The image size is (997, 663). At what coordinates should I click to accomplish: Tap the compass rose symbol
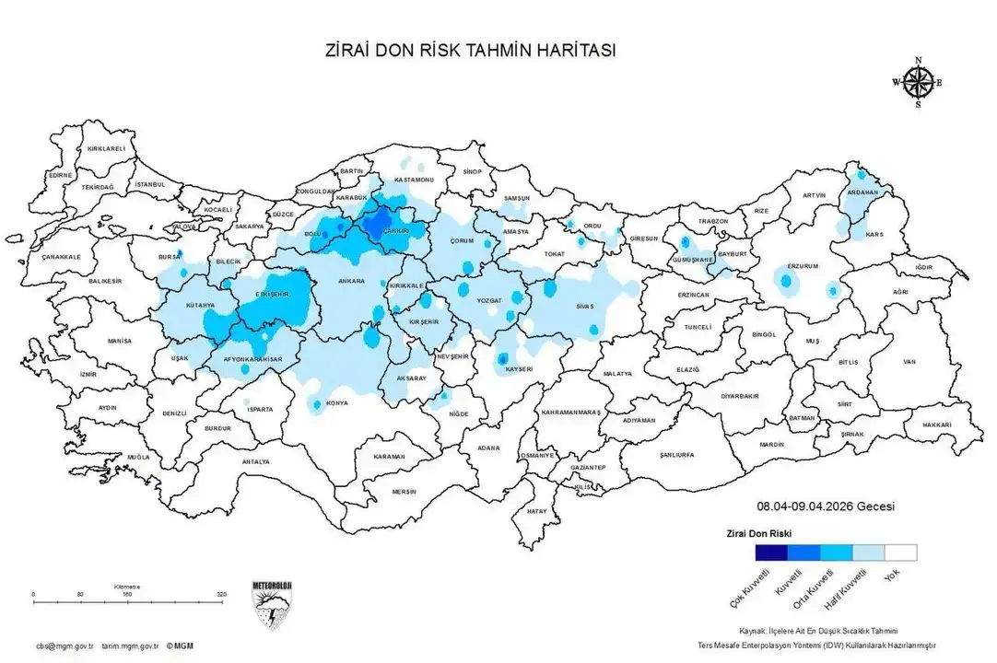917,83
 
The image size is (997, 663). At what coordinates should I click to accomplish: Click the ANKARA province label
351,281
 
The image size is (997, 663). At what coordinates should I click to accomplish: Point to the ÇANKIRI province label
396,229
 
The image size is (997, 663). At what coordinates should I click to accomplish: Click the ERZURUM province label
803,266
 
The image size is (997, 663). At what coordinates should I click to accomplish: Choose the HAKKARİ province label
936,425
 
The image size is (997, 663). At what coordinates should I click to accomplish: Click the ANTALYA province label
255,461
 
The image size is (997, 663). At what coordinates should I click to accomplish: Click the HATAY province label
536,510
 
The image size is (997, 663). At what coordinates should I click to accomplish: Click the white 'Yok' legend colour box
900,552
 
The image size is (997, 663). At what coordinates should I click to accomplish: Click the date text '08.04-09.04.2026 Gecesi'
827,506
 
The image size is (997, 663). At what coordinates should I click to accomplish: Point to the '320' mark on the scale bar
221,594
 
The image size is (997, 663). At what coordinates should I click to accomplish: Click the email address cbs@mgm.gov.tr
59,646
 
